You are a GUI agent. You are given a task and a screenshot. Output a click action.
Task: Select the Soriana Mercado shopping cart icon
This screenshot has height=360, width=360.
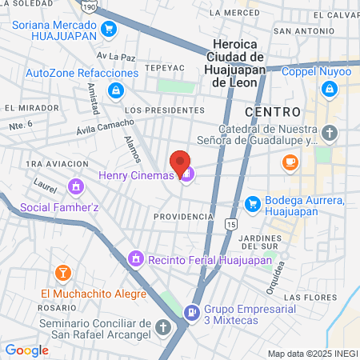(x=110, y=31)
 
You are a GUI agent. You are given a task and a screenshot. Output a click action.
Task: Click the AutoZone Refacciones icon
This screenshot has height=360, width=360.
(x=118, y=90)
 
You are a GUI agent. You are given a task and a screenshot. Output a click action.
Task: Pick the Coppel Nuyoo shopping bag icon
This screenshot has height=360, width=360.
(x=328, y=90)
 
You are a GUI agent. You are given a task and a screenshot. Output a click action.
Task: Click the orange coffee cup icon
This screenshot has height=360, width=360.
(x=290, y=162)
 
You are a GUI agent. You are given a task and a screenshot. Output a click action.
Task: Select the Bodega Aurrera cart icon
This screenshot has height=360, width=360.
(x=254, y=204)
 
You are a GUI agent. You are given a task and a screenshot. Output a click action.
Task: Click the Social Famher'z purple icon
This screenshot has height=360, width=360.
(x=75, y=187)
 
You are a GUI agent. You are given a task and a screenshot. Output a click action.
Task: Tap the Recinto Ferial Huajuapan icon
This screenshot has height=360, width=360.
(x=137, y=259)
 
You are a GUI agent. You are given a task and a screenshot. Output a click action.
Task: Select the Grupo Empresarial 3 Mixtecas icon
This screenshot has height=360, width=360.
(x=192, y=311)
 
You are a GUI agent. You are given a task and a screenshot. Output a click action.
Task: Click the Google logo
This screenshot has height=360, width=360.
(x=26, y=350)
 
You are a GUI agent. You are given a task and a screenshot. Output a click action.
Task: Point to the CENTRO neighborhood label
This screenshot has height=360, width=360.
(x=273, y=112)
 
